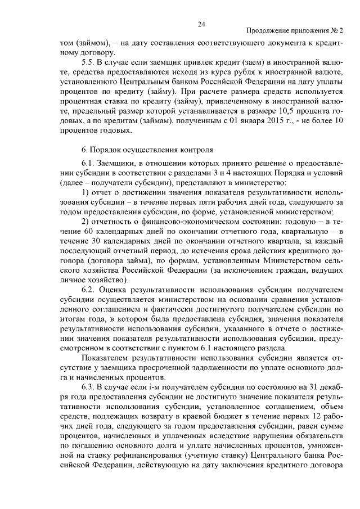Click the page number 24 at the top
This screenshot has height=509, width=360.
(x=201, y=24)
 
